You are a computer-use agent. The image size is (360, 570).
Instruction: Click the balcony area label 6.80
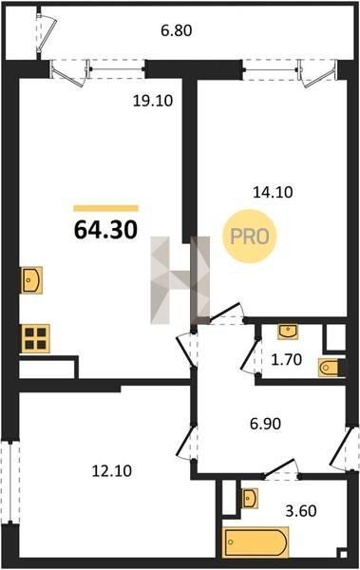pos(177,30)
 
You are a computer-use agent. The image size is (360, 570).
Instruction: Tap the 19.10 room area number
pos(153,101)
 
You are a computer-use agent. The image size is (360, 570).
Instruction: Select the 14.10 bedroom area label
pos(273,192)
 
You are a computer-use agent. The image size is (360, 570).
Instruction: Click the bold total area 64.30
pos(105,230)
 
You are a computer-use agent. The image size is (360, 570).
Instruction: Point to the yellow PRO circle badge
pos(250,237)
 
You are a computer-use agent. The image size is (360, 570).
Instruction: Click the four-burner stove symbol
pos(35,338)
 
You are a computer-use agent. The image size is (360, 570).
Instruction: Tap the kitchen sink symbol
pos(32,280)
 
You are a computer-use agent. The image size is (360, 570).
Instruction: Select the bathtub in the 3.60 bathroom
pos(256,542)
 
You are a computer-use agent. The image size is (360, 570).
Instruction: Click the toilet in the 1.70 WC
pos(329,368)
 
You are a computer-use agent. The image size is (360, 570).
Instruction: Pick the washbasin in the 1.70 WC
pos(288,332)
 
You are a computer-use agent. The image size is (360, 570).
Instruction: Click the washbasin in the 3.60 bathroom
pos(250,498)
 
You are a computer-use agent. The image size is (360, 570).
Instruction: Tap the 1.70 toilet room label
pos(287,359)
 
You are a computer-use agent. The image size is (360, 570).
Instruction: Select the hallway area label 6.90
pos(265,424)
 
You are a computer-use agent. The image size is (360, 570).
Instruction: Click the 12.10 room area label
pos(112,471)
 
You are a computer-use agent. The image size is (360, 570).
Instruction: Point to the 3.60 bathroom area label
pos(301,511)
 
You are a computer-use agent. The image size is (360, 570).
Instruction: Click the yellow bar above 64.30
pos(105,208)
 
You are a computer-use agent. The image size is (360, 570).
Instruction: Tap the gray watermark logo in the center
pos(180,280)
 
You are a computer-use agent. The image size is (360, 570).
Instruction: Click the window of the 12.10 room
pos(10,482)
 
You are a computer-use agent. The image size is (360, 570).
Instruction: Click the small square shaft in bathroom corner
pos(343,554)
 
